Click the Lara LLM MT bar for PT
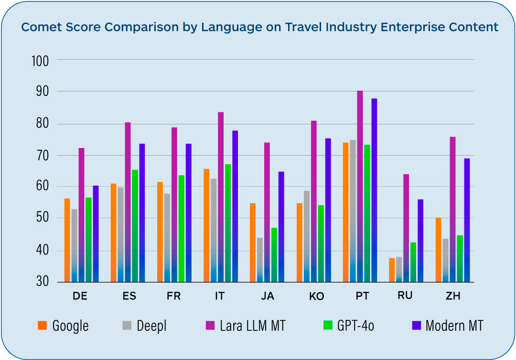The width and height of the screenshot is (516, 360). (x=360, y=186)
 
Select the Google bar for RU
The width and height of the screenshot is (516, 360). (x=392, y=270)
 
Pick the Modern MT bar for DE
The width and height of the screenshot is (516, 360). (x=96, y=233)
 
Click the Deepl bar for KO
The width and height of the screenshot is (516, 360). (x=307, y=236)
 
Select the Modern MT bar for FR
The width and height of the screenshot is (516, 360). (x=188, y=212)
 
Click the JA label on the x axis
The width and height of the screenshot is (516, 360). (x=268, y=296)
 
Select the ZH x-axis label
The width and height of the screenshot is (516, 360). (x=452, y=296)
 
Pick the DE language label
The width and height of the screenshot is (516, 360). (x=80, y=296)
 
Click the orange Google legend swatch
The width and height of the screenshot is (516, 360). (x=42, y=326)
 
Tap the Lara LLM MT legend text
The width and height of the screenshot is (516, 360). (x=252, y=326)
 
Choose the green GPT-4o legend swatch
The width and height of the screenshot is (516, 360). (x=327, y=326)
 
